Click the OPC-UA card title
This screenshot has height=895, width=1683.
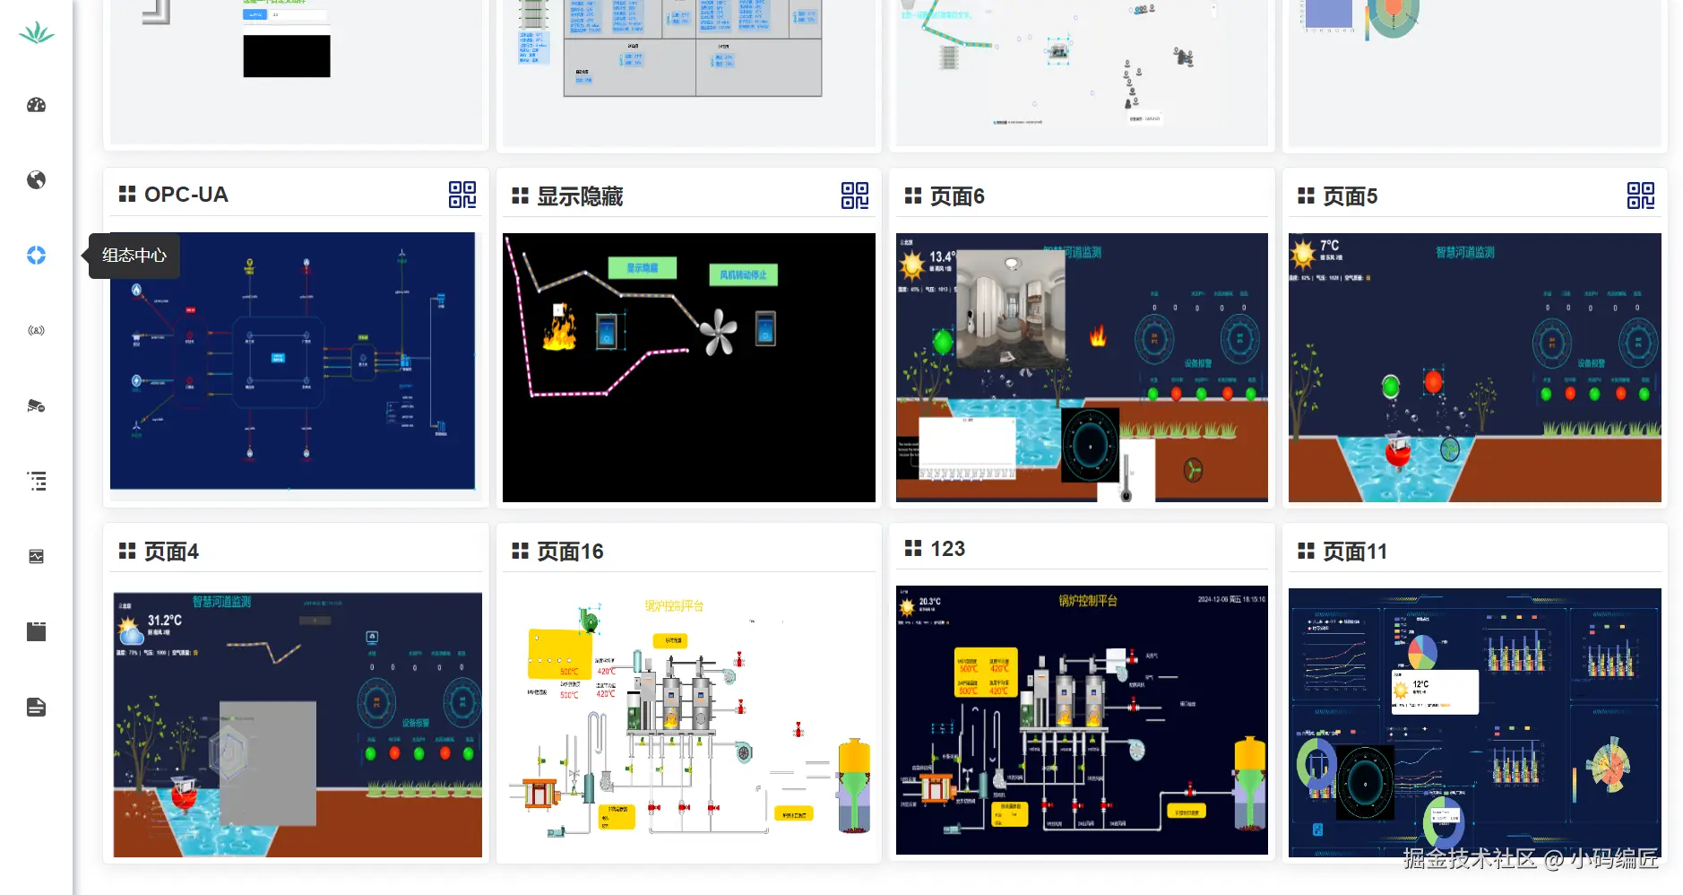[186, 195]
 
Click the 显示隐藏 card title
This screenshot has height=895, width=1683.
[579, 196]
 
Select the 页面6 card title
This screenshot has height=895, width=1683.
[956, 196]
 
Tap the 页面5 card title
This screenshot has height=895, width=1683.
[1350, 196]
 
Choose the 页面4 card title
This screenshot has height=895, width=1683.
[171, 552]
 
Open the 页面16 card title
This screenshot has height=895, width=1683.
[570, 552]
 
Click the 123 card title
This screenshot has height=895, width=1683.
[947, 549]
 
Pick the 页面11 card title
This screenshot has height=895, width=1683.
[1354, 552]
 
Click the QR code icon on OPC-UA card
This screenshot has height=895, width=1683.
[462, 195]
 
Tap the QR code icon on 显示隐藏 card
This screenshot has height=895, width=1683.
[855, 196]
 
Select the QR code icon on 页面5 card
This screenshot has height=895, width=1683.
[1641, 196]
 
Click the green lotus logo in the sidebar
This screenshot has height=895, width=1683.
[37, 33]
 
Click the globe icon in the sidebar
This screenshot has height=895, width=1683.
[37, 180]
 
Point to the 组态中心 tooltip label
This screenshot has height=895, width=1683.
[134, 256]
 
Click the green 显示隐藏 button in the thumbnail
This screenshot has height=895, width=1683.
[642, 268]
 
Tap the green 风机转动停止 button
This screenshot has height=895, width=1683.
[743, 274]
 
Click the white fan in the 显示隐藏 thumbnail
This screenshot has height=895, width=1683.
[718, 333]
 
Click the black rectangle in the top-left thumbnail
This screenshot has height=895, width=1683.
[287, 56]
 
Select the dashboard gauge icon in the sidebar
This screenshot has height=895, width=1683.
[37, 105]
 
